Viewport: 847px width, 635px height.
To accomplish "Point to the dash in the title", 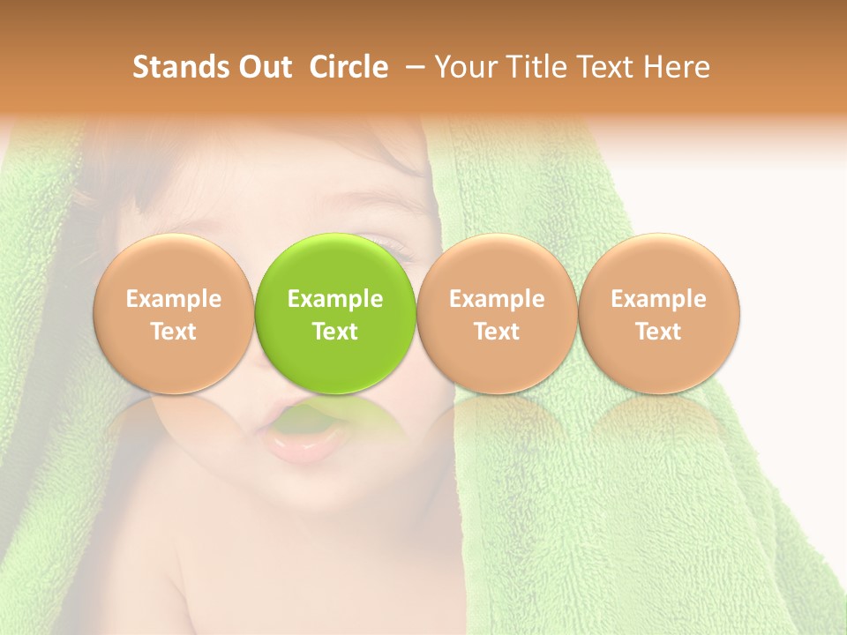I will coord(413,67).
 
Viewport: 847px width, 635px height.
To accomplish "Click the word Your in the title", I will coord(463,67).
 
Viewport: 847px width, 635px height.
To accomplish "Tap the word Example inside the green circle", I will coord(335,299).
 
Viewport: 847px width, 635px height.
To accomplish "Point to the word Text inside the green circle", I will coord(335,332).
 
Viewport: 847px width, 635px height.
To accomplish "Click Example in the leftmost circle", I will coord(173,299).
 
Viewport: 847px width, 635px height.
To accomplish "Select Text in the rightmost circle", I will coord(659,332).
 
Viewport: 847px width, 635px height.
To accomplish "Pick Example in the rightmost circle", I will coord(659,299).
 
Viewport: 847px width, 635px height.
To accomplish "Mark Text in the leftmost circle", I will coord(173,332).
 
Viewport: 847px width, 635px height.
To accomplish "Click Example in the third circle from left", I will coord(497,299).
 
